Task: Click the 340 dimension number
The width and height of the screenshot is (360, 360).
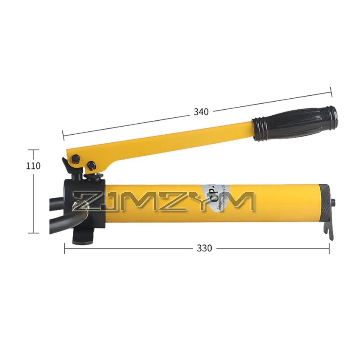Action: (201, 112)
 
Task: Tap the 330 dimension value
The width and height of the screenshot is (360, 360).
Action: (204, 249)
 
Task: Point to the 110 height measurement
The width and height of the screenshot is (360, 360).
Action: (33, 166)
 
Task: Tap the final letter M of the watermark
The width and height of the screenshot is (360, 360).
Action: (241, 202)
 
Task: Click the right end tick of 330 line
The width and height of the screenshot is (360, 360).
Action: (329, 249)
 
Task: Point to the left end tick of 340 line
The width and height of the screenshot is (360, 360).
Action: (63, 135)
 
